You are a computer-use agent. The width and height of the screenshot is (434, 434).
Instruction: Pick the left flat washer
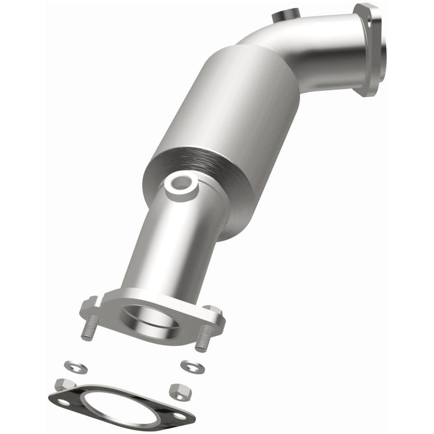pos(75,366)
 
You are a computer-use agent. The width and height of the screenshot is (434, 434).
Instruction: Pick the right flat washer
pos(192,366)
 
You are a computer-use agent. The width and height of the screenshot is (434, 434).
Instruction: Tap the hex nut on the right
pos(180,391)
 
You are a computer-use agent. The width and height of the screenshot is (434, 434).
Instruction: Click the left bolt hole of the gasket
pos(62,400)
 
